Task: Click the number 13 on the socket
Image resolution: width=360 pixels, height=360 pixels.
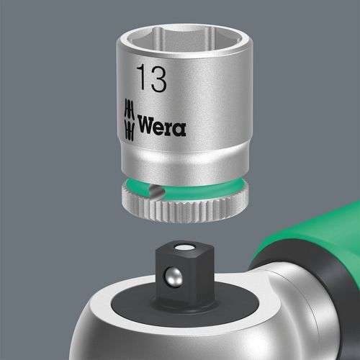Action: pos(150,77)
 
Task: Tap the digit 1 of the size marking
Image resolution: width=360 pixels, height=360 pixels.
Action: pos(140,77)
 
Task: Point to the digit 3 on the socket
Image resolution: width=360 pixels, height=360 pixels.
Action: pos(158,77)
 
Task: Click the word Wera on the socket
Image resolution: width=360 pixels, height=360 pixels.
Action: pos(163,128)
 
